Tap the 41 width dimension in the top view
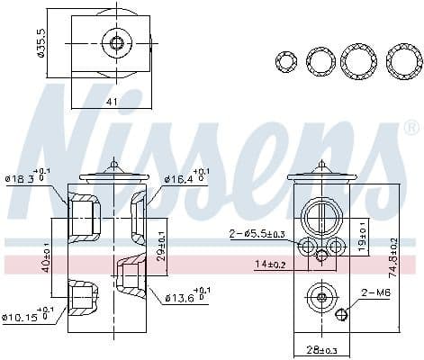click(113, 102)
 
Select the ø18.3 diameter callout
click(27, 178)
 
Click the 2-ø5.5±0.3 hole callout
click(258, 235)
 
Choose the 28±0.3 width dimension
click(320, 348)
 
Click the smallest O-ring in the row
click(286, 61)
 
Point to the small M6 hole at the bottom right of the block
click(342, 315)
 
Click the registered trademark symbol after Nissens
click(411, 127)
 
